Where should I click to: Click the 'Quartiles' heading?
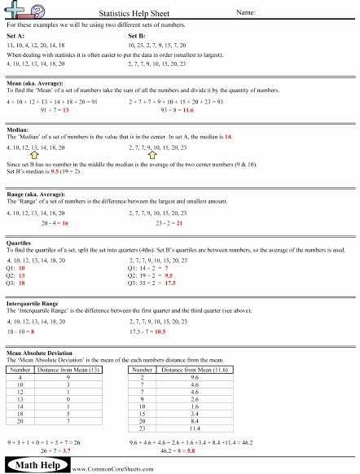pyautogui.click(x=20, y=242)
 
